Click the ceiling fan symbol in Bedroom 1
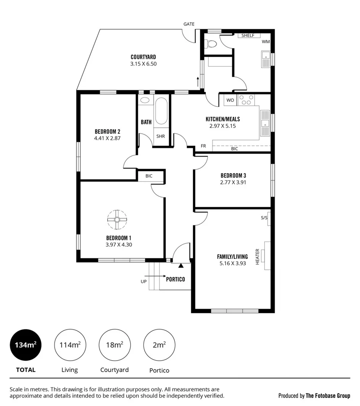tap(117, 219)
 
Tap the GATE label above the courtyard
tap(189, 24)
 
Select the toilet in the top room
tap(210, 43)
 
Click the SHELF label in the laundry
tap(248, 35)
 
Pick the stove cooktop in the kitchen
tap(246, 100)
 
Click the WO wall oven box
tap(230, 100)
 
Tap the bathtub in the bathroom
tap(161, 111)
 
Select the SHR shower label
tap(161, 136)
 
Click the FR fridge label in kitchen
tap(204, 146)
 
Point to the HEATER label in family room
tap(258, 257)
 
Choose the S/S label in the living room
tap(264, 218)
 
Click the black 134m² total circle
tap(26, 345)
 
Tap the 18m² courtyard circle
tap(115, 345)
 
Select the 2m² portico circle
tap(159, 345)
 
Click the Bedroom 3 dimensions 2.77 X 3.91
tap(233, 182)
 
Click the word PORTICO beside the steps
tap(176, 279)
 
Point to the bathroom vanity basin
tap(145, 100)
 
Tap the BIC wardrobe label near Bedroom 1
tap(149, 176)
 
